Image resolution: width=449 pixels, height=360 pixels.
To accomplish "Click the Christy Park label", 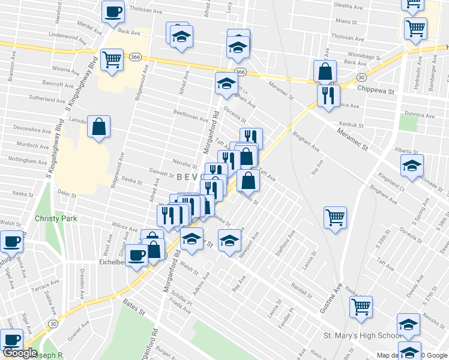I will point(56,218).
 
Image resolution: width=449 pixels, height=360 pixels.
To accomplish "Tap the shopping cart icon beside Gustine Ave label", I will point(361,307).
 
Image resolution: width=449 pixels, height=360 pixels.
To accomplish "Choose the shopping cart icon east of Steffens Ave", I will point(335,217).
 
